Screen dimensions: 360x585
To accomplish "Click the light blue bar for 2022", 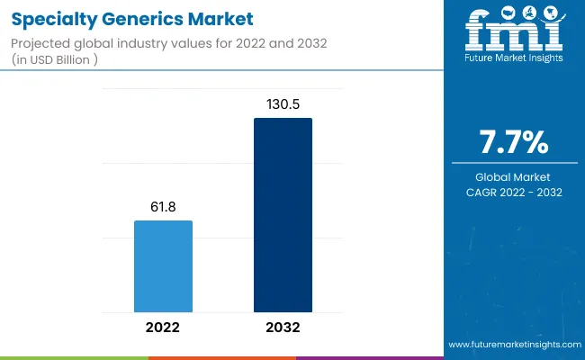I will tap(163, 266).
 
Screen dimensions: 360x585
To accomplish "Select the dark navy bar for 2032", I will tap(283, 215).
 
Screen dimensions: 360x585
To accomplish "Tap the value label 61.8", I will tap(163, 207).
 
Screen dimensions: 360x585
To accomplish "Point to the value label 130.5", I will tap(283, 103).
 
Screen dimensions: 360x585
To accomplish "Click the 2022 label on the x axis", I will tap(163, 328).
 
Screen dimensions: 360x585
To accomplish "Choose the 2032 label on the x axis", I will tap(283, 328).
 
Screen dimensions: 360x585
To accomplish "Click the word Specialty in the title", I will tap(56, 18).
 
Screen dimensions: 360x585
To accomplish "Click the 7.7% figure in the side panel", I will tap(514, 143).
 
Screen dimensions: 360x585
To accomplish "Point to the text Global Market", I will tap(514, 176).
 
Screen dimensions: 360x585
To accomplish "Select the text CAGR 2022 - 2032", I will tap(514, 192).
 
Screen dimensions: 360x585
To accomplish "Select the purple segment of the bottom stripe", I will tap(369, 357).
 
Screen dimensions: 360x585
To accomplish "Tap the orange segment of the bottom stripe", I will tap(221, 357).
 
